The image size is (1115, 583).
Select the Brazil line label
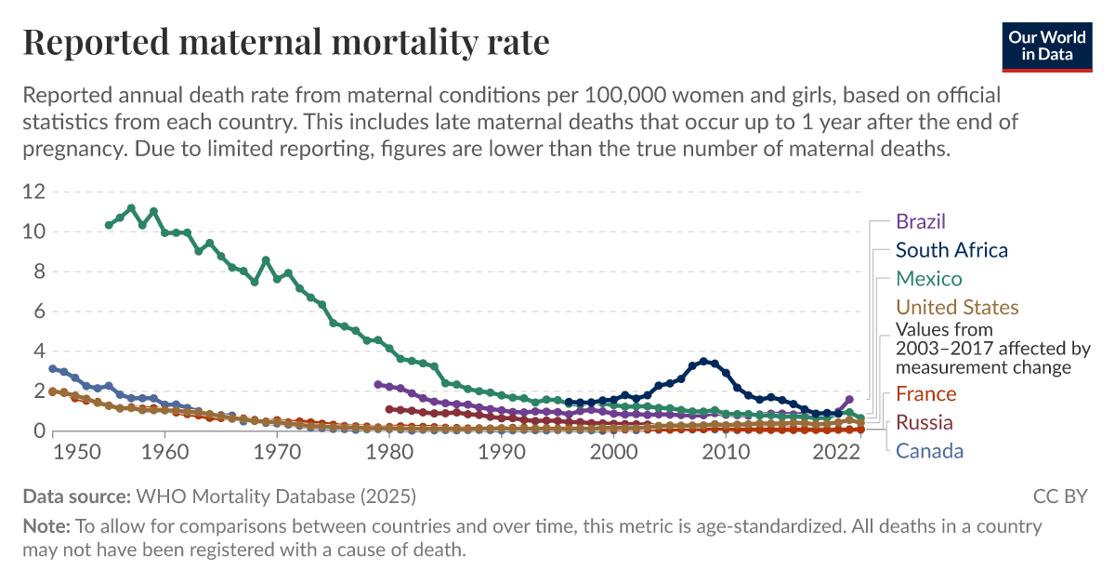coord(921,221)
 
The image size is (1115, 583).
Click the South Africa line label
coord(951,250)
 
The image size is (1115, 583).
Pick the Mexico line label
coord(929,279)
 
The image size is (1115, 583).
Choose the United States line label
coord(957,308)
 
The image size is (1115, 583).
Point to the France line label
coord(925,394)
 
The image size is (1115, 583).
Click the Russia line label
coord(925,423)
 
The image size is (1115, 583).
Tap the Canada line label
coord(929,452)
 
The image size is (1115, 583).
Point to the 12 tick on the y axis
coord(33,192)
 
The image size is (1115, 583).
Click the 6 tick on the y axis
coord(39,311)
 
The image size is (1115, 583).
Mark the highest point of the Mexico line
coord(131,208)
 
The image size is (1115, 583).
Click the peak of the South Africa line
coord(703,361)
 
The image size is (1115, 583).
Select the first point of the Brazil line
coord(377,384)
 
